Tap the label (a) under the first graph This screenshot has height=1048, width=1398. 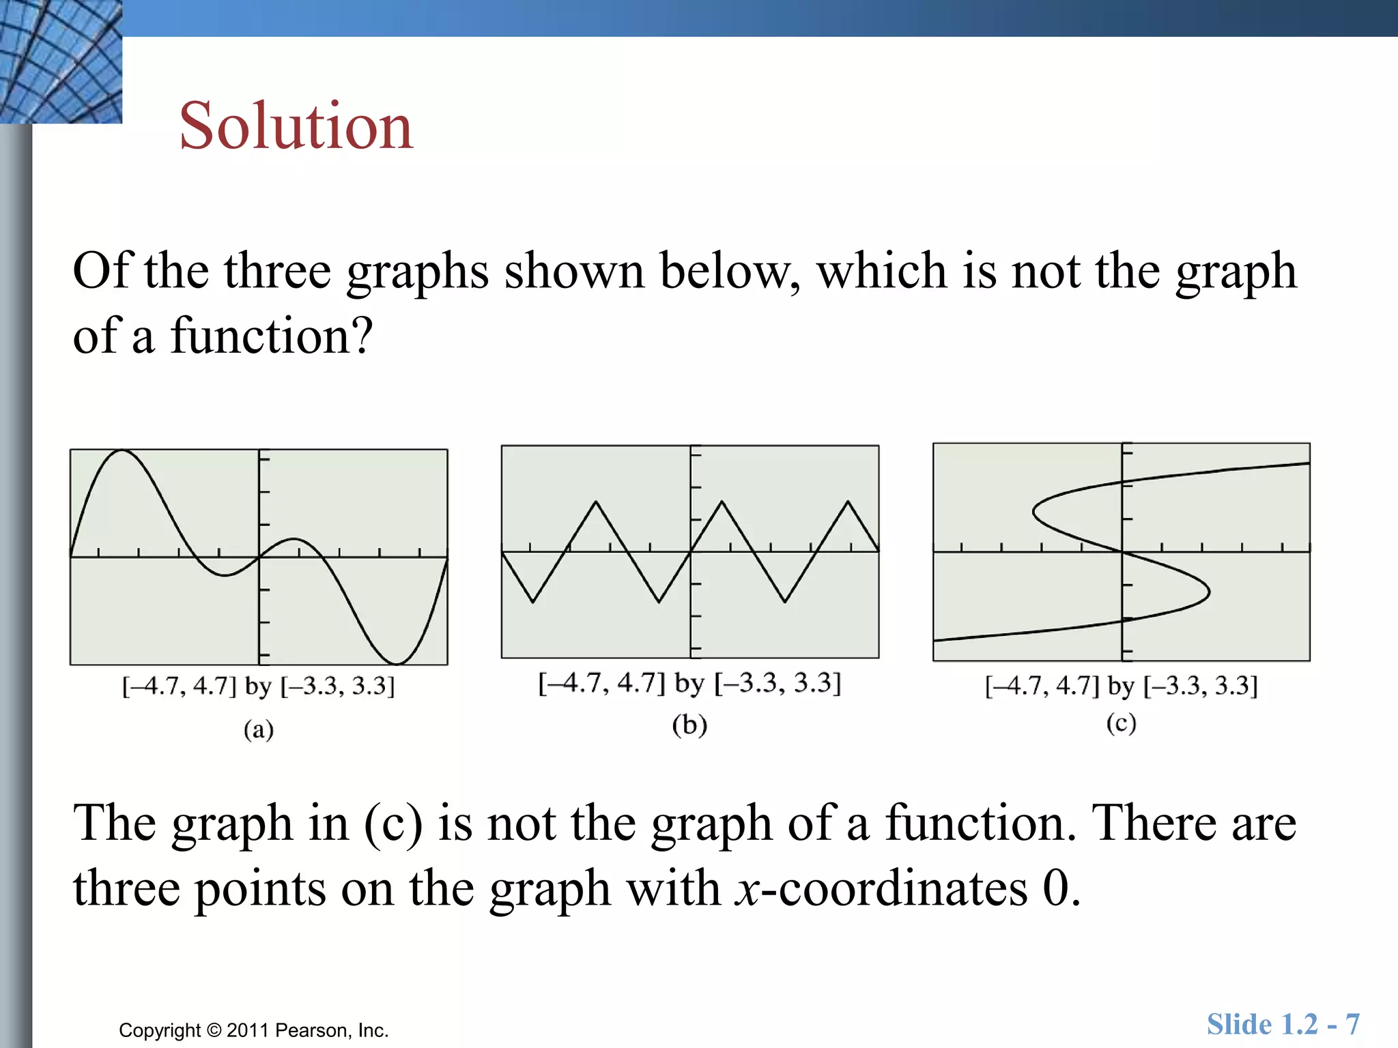point(259,729)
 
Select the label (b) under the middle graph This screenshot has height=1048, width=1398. point(689,725)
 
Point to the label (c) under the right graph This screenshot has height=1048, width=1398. point(1121,723)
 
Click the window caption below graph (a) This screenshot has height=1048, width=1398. point(259,685)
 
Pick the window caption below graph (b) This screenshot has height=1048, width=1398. point(689,682)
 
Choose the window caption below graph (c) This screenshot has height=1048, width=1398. point(1121,685)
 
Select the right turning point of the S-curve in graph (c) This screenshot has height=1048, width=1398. point(1209,592)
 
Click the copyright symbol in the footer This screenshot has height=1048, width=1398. point(214,1030)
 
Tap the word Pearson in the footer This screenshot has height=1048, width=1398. point(308,1030)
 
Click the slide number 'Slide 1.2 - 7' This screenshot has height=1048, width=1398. point(1283,1024)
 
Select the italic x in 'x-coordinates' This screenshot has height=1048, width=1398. point(747,889)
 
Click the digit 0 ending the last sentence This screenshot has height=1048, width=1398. point(1055,888)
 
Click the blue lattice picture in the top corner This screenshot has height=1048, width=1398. point(61,61)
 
